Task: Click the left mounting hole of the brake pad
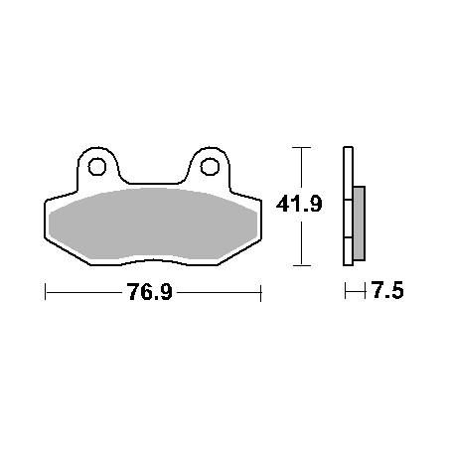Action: (x=97, y=167)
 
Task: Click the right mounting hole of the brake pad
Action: (x=210, y=167)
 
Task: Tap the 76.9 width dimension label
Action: (x=150, y=292)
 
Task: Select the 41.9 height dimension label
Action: (x=299, y=204)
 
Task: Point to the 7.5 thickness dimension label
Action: (x=387, y=290)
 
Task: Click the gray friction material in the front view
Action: (x=153, y=224)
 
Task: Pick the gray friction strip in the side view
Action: (x=360, y=224)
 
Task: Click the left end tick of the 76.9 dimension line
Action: (x=45, y=292)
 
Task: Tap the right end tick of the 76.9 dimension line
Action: (x=261, y=293)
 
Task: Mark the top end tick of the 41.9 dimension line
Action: (x=301, y=147)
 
